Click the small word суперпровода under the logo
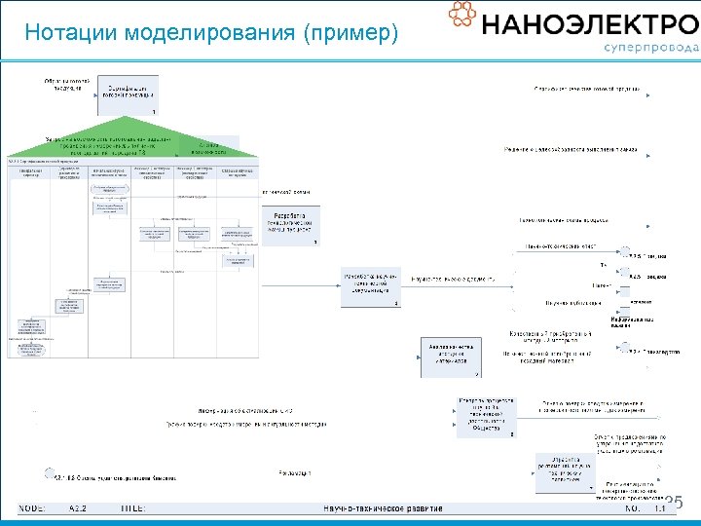650,47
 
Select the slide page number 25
674,503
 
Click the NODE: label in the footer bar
38,507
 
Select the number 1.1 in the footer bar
659,507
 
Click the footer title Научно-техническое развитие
384,507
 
